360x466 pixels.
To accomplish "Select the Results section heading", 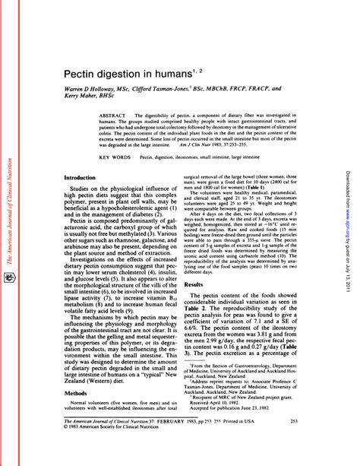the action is (194, 262).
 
